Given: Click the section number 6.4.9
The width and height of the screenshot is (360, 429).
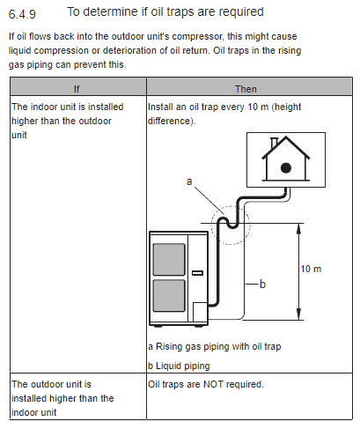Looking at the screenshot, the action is coord(22,14).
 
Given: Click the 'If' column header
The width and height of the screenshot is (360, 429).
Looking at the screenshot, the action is coord(77,89).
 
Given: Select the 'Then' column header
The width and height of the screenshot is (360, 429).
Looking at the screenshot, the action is coord(246,89).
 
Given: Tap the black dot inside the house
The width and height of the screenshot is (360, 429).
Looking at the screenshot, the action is coord(286,168).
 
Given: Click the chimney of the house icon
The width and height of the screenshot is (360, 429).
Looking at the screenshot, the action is coord(275,143).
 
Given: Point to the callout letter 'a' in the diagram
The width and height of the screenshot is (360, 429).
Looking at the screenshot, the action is coord(189,181).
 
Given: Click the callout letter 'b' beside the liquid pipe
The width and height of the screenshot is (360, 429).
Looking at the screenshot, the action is coord(262,284).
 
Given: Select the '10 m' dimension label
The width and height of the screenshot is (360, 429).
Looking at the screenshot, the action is coord(311,269).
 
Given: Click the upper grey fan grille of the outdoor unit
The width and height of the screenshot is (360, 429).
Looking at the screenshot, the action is coord(169,260).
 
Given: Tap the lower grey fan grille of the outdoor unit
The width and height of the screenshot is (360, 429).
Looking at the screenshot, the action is coord(169,295).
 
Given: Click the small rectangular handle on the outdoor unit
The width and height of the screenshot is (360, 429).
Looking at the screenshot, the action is coord(197,273).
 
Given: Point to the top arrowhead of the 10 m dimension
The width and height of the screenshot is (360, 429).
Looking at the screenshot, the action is coord(298,229).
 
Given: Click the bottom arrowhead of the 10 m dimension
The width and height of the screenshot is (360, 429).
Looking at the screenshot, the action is coord(298,314).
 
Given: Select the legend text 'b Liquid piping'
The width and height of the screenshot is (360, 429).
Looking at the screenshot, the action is coord(179,366).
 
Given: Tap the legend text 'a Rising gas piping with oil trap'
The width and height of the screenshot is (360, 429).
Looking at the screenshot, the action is coord(215,346).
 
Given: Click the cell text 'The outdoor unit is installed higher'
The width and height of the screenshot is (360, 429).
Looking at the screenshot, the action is coord(62,391).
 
